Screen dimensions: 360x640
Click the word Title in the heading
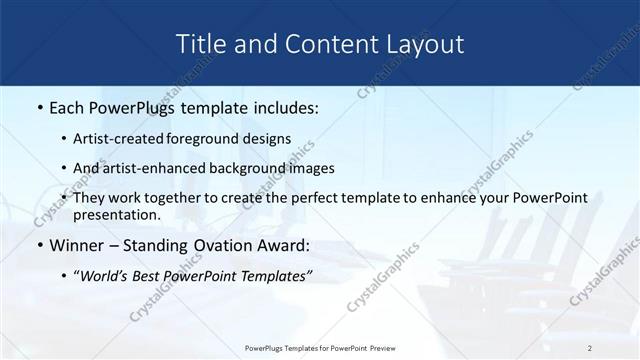[200, 44]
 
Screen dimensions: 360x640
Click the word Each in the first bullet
[68, 108]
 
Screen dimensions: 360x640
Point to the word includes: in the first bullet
[281, 108]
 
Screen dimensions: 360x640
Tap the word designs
[268, 139]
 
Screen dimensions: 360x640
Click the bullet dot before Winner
[38, 246]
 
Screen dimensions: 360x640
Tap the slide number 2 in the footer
[591, 348]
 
